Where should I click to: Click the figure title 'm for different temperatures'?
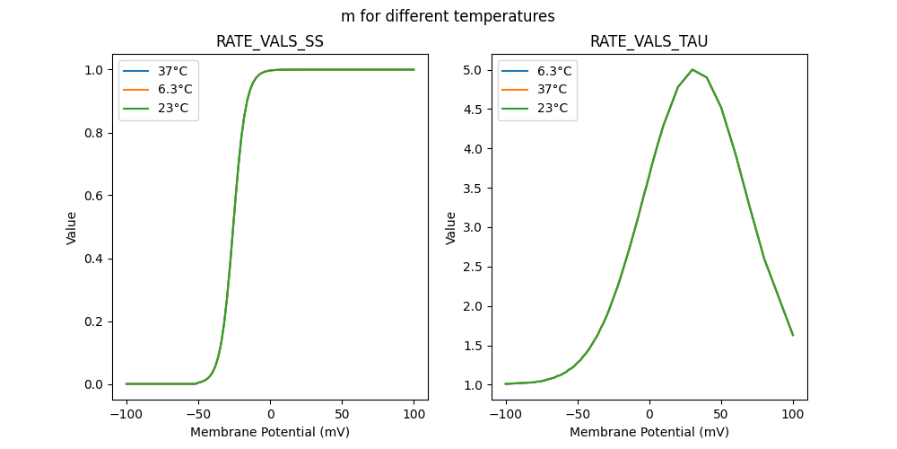[x=448, y=16]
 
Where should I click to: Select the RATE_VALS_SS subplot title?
[x=270, y=41]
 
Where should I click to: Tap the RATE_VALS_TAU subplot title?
[x=649, y=41]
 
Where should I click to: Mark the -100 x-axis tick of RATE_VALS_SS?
[x=126, y=415]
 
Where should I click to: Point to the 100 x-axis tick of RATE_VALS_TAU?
[x=793, y=415]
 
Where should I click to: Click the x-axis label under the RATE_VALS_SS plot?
[x=270, y=432]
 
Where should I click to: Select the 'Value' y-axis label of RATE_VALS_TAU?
[x=451, y=227]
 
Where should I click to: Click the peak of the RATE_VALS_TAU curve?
[x=692, y=70]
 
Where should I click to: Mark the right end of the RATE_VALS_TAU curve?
[x=793, y=335]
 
